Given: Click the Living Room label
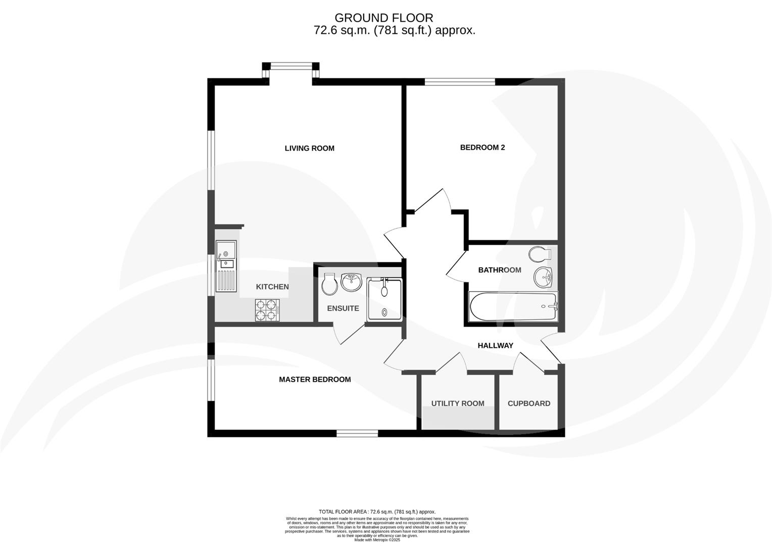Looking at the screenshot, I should tap(309, 148).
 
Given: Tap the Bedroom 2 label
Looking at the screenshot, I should tap(482, 148).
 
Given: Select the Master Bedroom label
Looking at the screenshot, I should tap(315, 380).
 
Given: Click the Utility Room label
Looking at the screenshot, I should tap(457, 403).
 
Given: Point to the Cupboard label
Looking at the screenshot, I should tap(528, 403).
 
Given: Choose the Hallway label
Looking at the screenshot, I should tap(495, 346).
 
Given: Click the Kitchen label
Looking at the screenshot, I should tap(272, 287).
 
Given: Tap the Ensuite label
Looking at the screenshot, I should tap(343, 308).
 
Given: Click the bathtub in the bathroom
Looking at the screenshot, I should tap(513, 306).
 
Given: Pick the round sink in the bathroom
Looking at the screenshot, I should tap(544, 277).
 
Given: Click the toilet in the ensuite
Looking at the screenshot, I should tap(329, 285).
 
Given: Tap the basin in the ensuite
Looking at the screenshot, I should tap(352, 281).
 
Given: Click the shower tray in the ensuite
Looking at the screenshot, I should tap(384, 299).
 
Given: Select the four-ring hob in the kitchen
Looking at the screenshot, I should tap(267, 310).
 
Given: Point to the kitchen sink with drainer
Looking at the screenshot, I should tap(226, 266).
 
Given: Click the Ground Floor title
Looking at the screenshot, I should tap(383, 19).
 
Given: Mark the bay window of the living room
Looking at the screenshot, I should tap(291, 66).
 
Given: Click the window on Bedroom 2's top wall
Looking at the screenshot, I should tap(459, 81).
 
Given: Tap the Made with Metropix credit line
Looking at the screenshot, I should tap(377, 540).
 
